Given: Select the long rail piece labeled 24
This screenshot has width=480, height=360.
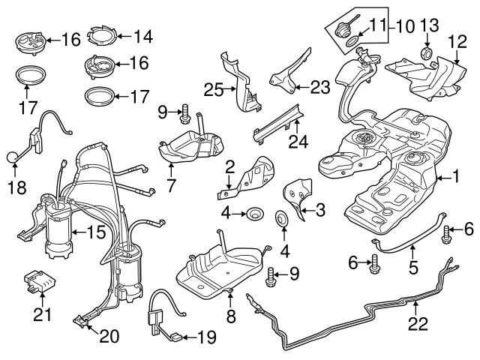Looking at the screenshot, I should (x=279, y=121).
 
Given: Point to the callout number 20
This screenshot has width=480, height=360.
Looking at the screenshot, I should (x=109, y=337).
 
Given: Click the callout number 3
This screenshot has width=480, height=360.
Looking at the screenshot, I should (x=319, y=211).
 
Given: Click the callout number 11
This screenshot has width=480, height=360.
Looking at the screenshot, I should (x=374, y=27).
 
